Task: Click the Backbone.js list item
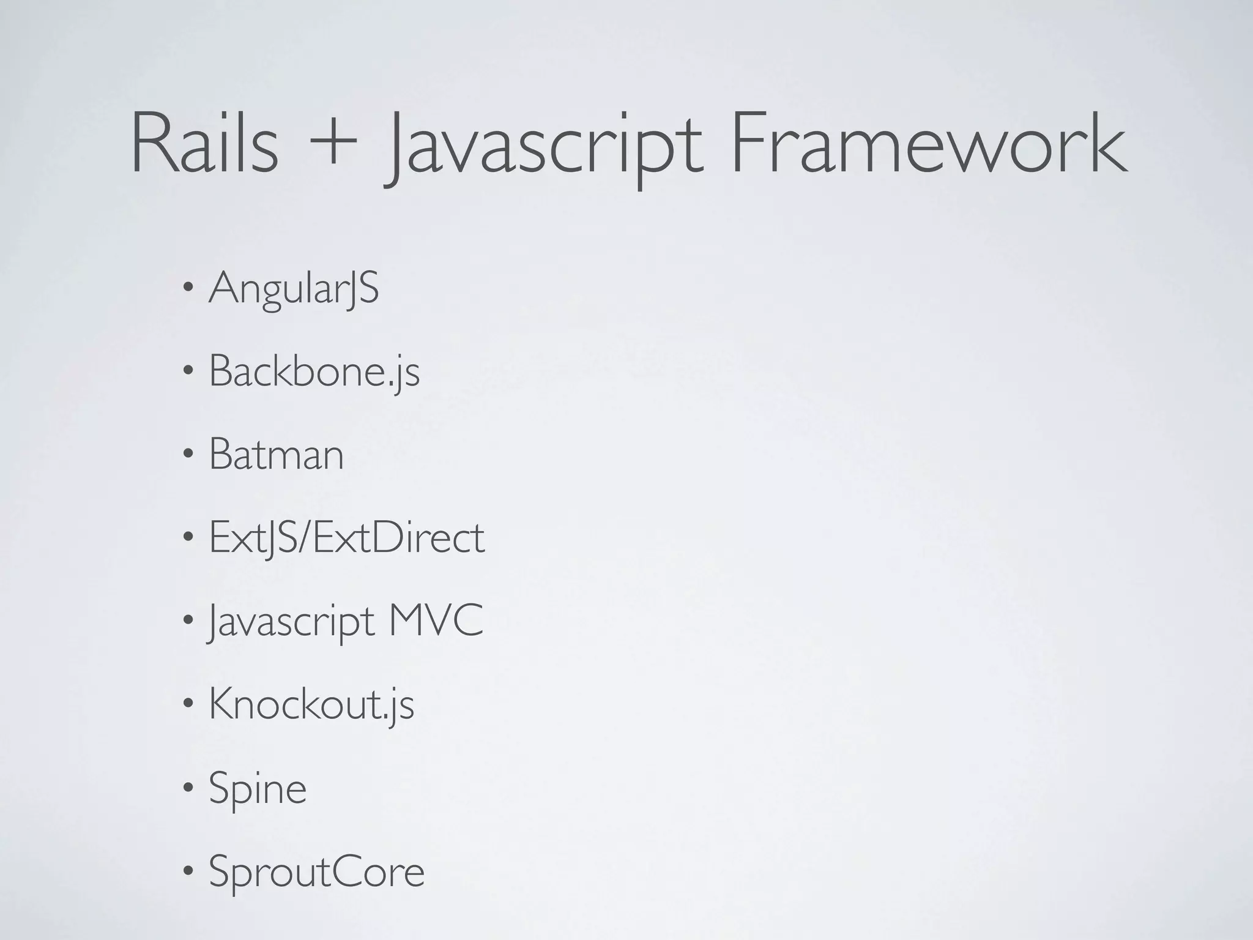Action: click(314, 371)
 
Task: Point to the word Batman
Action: click(277, 454)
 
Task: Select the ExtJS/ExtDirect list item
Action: click(347, 537)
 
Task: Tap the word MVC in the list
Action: click(436, 621)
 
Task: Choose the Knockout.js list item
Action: click(311, 704)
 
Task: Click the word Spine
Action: click(258, 788)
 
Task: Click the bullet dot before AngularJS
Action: click(189, 288)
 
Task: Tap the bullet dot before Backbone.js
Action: click(189, 371)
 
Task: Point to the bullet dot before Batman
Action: click(189, 454)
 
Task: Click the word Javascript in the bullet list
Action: click(291, 622)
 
